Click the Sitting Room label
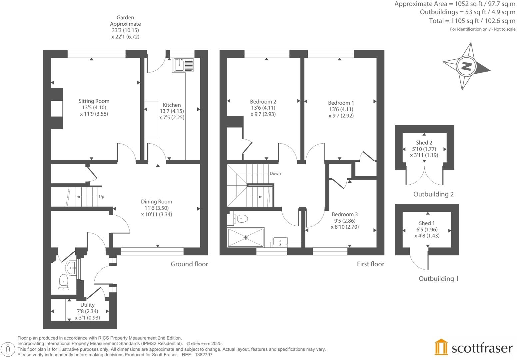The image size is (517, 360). [94, 101]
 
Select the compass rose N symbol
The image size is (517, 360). [466, 66]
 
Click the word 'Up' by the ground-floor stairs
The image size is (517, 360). [101, 197]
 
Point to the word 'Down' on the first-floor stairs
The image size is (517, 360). [275, 173]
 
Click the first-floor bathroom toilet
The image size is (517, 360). [241, 219]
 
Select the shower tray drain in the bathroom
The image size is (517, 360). [246, 237]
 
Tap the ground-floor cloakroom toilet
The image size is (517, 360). [63, 282]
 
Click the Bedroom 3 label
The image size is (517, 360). [344, 214]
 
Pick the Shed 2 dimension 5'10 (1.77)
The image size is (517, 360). [424, 149]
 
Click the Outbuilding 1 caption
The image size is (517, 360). [438, 279]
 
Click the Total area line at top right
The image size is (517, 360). [472, 21]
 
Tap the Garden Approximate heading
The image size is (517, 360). [125, 21]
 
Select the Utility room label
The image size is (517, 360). [87, 305]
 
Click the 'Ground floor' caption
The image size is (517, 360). [189, 264]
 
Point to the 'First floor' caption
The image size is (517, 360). [370, 264]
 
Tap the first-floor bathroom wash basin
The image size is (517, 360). [280, 241]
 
